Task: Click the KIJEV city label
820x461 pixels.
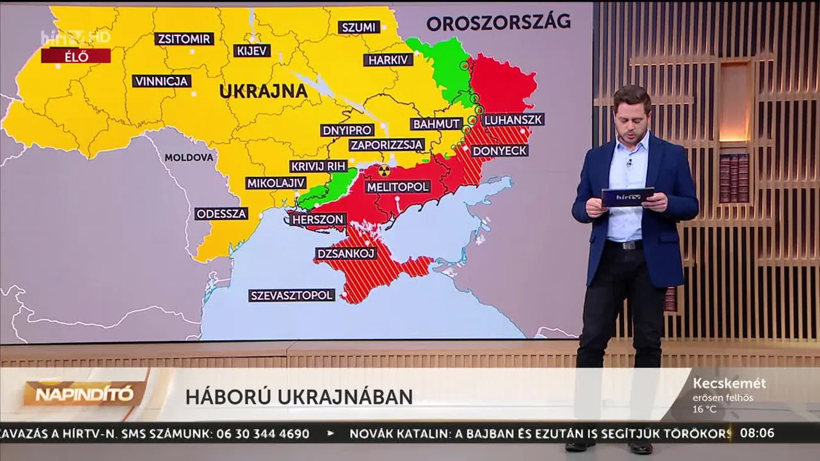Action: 251,50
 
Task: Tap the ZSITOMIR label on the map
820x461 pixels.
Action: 184,39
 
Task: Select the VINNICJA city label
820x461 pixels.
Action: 161,81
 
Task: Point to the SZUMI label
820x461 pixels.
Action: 359,27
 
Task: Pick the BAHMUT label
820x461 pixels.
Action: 436,123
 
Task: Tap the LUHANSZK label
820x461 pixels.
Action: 513,120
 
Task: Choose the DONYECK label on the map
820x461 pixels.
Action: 500,150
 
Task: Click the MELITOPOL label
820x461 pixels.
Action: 398,187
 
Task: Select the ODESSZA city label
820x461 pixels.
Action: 222,213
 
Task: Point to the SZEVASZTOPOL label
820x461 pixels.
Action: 292,296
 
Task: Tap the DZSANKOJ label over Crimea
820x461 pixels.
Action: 346,254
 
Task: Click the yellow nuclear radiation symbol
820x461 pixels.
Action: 384,171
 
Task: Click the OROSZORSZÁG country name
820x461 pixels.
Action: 498,23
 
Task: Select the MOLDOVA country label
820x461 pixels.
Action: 189,158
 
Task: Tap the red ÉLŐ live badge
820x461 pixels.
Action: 76,56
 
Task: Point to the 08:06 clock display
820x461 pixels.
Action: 757,433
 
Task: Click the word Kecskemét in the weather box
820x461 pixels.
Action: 729,384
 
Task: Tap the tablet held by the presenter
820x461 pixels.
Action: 627,197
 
